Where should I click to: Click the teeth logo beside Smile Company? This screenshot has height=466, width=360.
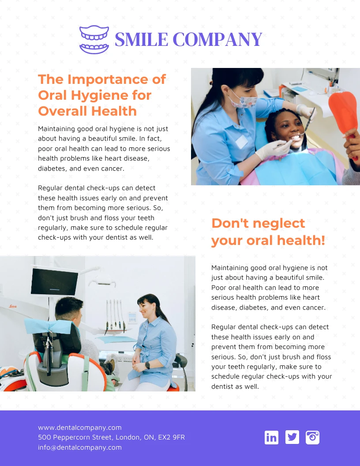coord(94,40)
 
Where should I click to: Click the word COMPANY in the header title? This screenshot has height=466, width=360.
coord(217,40)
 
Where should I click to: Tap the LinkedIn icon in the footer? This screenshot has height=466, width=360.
coord(271,437)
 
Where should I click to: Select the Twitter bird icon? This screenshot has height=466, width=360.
coord(292,437)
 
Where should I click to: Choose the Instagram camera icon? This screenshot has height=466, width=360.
coord(312,437)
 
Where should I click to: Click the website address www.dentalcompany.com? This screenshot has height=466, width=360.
coord(79,427)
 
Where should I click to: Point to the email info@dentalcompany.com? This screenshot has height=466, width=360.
coord(79,447)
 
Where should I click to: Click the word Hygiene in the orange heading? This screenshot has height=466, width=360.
coord(111,95)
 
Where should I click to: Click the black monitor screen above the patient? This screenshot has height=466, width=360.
coord(54,281)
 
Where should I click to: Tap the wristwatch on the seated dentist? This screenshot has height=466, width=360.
coord(148,365)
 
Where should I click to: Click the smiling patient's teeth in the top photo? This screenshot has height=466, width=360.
coord(295,138)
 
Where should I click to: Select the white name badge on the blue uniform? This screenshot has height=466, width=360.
coord(241,142)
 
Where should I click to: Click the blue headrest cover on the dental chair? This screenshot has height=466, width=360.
coord(48,326)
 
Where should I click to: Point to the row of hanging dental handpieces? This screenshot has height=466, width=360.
coord(115,315)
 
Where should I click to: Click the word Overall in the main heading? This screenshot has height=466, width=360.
coord(63,111)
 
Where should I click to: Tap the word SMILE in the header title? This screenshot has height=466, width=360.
coord(141,40)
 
